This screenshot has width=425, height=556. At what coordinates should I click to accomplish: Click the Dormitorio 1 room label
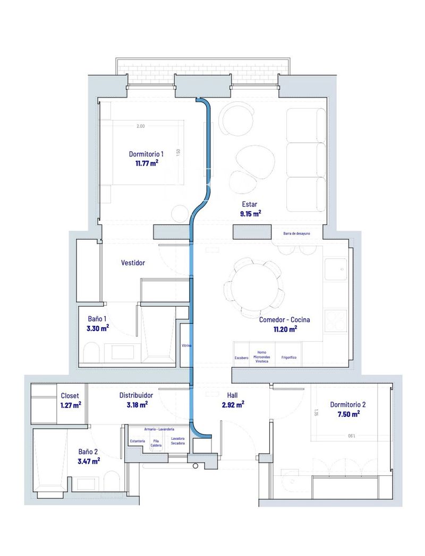(150, 154)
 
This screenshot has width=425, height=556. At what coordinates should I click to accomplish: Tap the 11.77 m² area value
(147, 163)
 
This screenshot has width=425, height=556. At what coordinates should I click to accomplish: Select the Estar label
(249, 204)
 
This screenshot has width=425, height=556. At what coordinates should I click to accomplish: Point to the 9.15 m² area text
(250, 214)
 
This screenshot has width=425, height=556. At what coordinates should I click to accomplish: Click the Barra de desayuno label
(301, 233)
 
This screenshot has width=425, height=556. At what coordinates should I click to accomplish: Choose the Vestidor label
(133, 263)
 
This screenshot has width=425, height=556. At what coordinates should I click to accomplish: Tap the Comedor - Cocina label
(284, 320)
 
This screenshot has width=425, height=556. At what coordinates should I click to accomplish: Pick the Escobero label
(242, 358)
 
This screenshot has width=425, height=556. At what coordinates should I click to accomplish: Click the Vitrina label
(186, 345)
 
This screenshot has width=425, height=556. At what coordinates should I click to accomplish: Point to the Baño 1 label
(97, 319)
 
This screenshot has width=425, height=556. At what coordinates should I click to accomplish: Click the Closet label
(70, 396)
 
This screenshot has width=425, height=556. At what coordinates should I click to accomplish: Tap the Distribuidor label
(136, 396)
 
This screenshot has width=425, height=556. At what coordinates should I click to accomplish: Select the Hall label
(232, 396)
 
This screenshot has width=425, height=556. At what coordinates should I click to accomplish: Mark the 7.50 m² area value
(348, 414)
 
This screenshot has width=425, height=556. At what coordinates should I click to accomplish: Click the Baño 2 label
(89, 451)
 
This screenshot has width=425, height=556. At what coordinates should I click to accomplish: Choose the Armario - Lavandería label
(159, 429)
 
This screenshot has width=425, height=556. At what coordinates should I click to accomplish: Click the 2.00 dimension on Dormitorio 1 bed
(140, 126)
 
